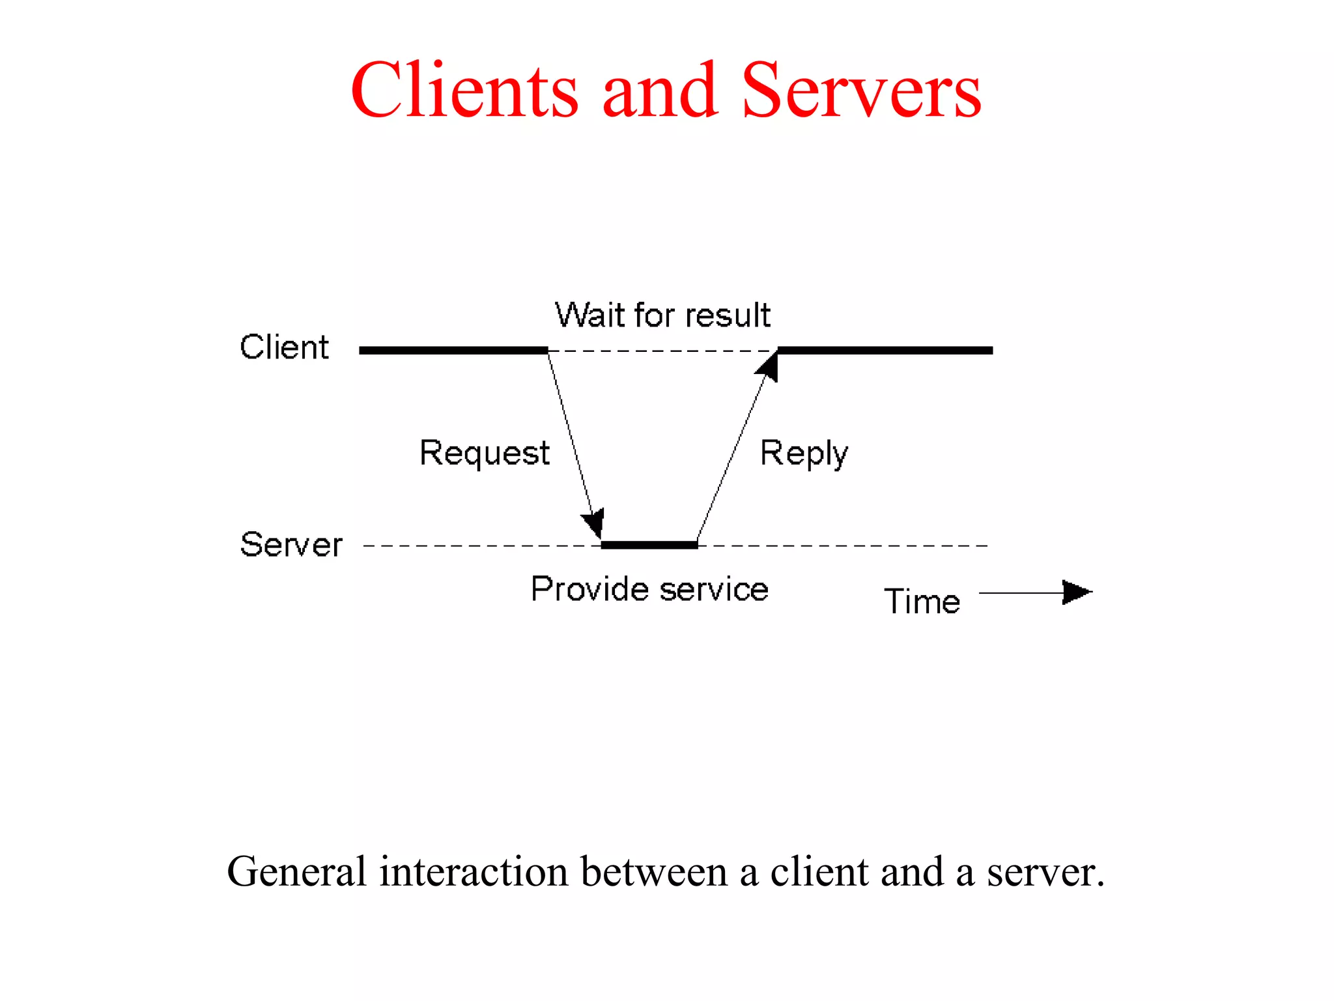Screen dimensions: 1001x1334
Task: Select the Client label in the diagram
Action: click(x=284, y=347)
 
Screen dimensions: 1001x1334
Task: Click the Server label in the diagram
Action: click(x=291, y=544)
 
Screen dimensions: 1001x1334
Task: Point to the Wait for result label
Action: click(x=662, y=315)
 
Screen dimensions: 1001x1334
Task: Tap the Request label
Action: click(x=485, y=453)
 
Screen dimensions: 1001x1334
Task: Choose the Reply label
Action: click(x=804, y=453)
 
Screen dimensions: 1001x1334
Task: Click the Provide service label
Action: click(x=649, y=589)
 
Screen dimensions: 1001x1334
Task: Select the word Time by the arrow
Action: click(x=922, y=601)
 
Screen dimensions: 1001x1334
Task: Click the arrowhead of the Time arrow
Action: click(x=1076, y=592)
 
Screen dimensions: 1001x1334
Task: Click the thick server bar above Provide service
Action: click(x=649, y=545)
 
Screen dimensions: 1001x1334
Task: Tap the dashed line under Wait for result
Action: click(x=662, y=351)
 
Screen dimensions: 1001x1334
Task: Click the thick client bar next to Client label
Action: click(x=453, y=351)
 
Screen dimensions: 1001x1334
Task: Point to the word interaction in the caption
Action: click(x=474, y=872)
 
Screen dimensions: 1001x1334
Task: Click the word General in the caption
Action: click(x=296, y=872)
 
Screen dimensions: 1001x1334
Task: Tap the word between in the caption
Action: click(x=653, y=872)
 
